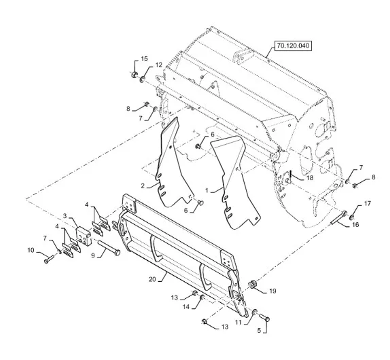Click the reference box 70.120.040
click(x=293, y=46)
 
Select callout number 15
click(x=144, y=59)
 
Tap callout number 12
click(x=159, y=65)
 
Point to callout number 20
click(x=152, y=279)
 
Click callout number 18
click(x=310, y=178)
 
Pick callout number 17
click(x=368, y=203)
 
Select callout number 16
click(x=355, y=225)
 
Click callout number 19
click(x=272, y=291)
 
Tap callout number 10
click(x=31, y=250)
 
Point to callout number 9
click(x=93, y=255)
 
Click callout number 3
click(x=65, y=216)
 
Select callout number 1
click(x=207, y=190)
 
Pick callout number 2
click(x=143, y=185)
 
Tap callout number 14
click(x=186, y=307)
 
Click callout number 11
click(x=238, y=323)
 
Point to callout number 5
click(x=259, y=331)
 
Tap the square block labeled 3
click(x=84, y=236)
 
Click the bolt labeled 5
click(x=265, y=317)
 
